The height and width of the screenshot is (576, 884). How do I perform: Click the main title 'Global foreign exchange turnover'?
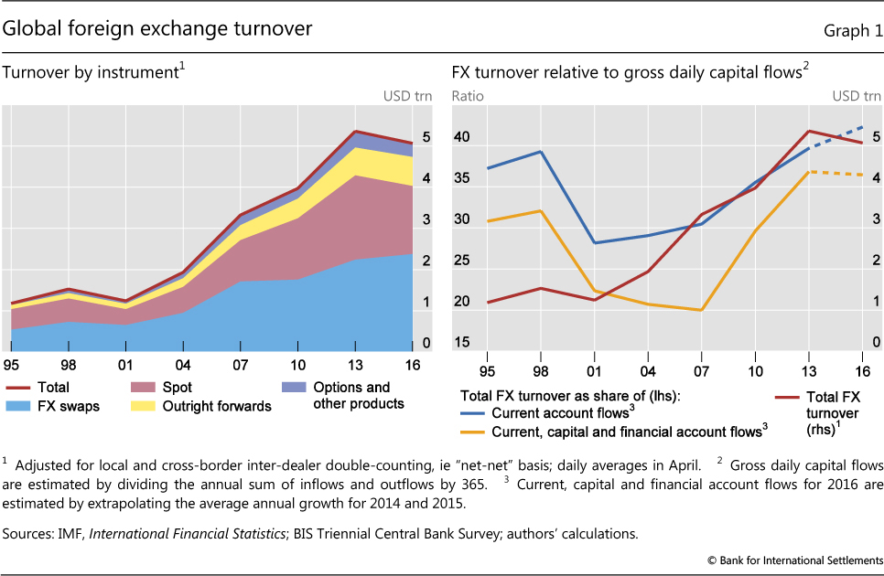pyautogui.click(x=157, y=29)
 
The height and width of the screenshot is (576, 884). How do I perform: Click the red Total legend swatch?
pyautogui.click(x=20, y=388)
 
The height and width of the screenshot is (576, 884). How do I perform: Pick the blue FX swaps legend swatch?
pyautogui.click(x=20, y=404)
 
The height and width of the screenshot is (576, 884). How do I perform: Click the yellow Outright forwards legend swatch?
pyautogui.click(x=140, y=404)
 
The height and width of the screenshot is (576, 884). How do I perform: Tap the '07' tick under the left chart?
pyautogui.click(x=239, y=365)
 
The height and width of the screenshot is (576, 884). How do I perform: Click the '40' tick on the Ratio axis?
pyautogui.click(x=462, y=138)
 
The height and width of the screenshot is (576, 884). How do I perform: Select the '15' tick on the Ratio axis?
pyautogui.click(x=462, y=343)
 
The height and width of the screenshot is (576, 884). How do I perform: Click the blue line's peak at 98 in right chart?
pyautogui.click(x=541, y=152)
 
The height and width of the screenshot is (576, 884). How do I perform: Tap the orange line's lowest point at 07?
pyautogui.click(x=701, y=310)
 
